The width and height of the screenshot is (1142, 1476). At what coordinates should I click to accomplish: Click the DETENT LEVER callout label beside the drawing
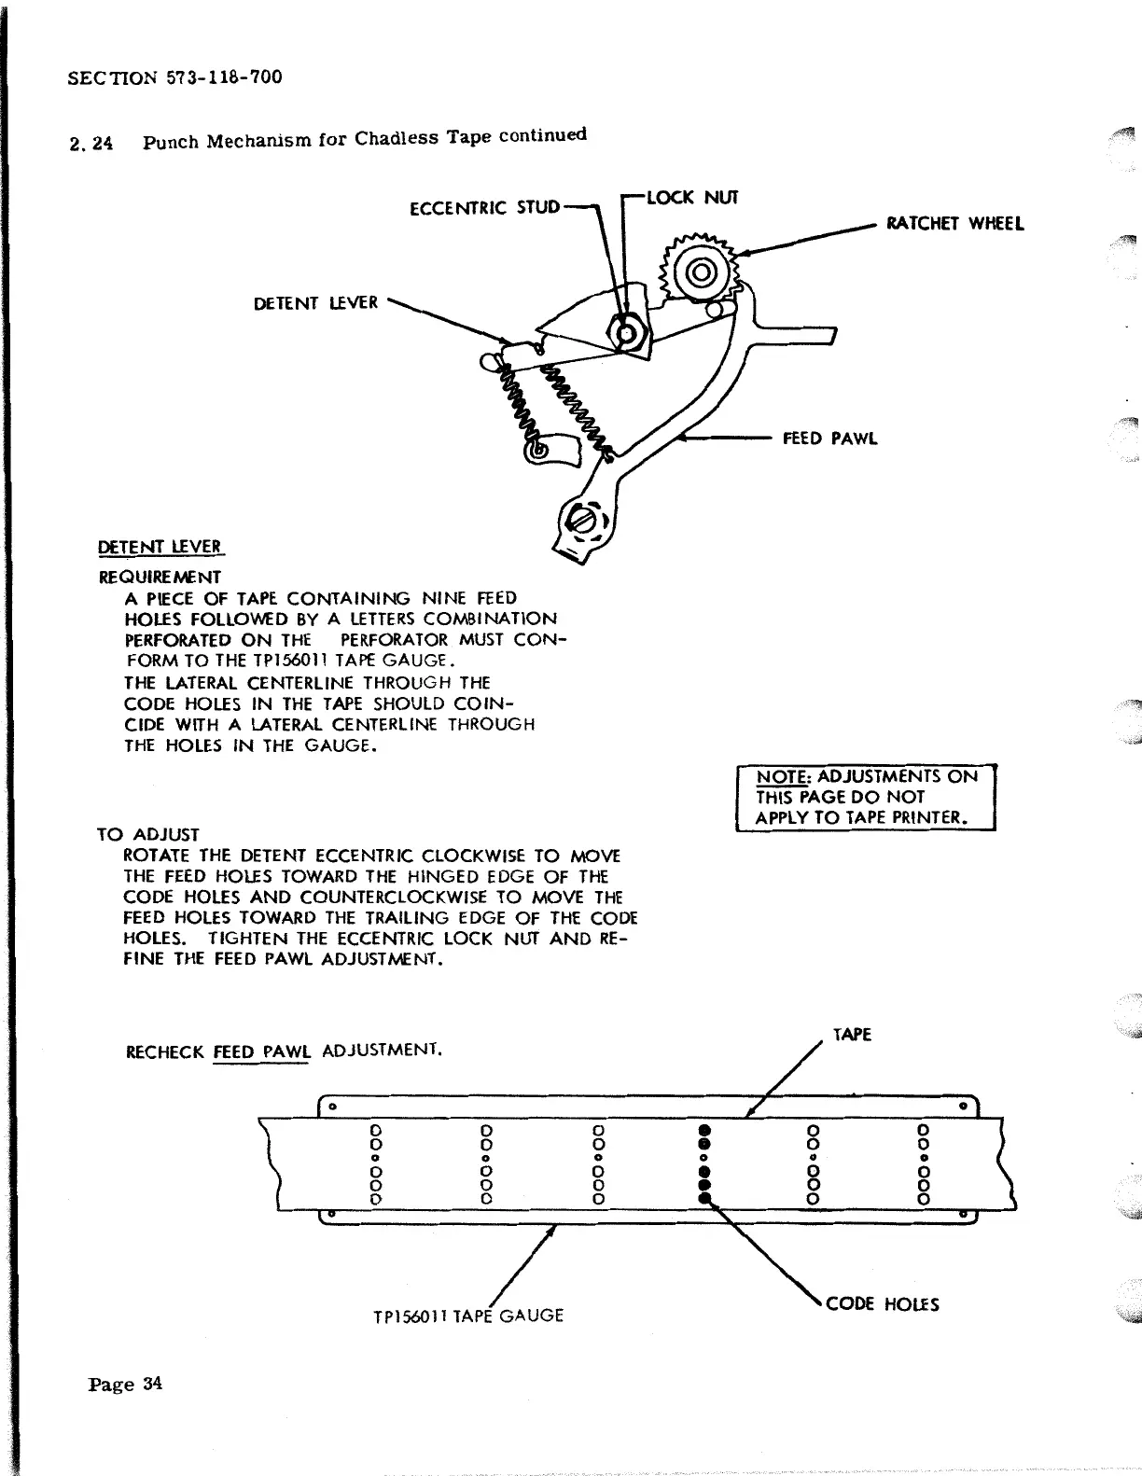[315, 303]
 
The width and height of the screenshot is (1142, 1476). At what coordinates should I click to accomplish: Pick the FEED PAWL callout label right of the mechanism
[829, 439]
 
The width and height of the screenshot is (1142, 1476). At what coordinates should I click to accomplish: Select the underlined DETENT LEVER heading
[160, 547]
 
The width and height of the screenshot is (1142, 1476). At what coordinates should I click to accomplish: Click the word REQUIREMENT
[160, 577]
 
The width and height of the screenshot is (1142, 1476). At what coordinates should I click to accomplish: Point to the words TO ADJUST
[147, 834]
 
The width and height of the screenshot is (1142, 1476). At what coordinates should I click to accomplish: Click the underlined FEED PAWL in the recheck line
[261, 1051]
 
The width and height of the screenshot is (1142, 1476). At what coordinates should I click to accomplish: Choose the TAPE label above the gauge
[851, 1035]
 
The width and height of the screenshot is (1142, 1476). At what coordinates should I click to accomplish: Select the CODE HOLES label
[883, 1303]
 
